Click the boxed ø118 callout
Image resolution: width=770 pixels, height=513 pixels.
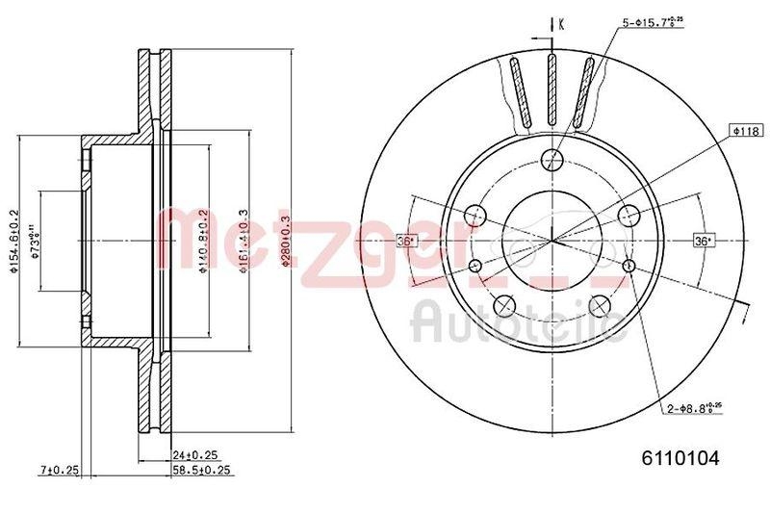coord(745,129)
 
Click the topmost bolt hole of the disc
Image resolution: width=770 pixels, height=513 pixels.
coord(552,160)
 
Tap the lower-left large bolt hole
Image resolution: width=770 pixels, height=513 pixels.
coord(502,307)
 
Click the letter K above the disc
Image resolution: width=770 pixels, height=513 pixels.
coord(559,23)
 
